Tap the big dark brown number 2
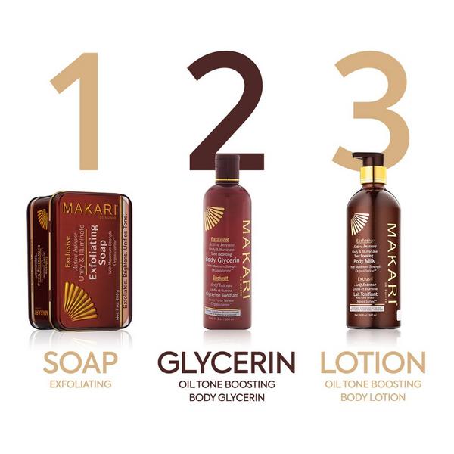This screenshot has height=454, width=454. (x=227, y=106)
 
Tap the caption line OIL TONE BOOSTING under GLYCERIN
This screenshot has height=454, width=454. (x=226, y=384)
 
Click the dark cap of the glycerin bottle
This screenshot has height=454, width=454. (x=228, y=166)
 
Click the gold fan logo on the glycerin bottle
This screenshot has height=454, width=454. (x=214, y=218)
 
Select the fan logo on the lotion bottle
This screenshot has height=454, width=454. (x=359, y=223)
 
